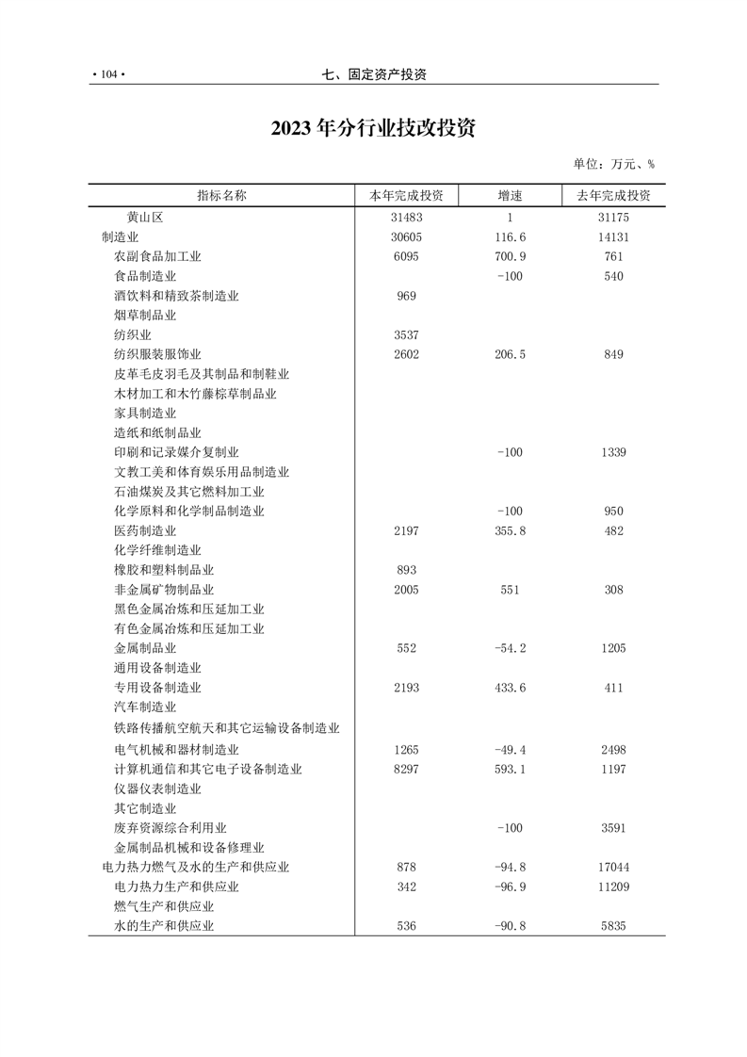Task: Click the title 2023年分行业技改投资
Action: point(373,128)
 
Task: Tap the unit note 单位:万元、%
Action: point(613,164)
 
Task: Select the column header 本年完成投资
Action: point(406,196)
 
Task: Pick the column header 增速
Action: point(510,196)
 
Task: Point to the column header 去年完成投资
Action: point(613,196)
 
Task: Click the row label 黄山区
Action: point(145,217)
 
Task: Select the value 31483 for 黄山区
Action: point(406,217)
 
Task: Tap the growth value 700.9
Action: point(510,256)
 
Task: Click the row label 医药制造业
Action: point(145,531)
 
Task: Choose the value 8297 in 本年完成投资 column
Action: point(406,769)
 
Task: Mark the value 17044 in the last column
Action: point(613,867)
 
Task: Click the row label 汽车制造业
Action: point(145,707)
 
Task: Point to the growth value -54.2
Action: point(510,648)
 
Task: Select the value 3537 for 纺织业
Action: point(406,334)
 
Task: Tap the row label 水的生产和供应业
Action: point(164,926)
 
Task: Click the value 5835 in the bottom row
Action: point(613,926)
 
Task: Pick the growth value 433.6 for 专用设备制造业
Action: point(510,688)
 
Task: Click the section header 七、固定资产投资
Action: point(373,74)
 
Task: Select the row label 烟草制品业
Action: point(145,316)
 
